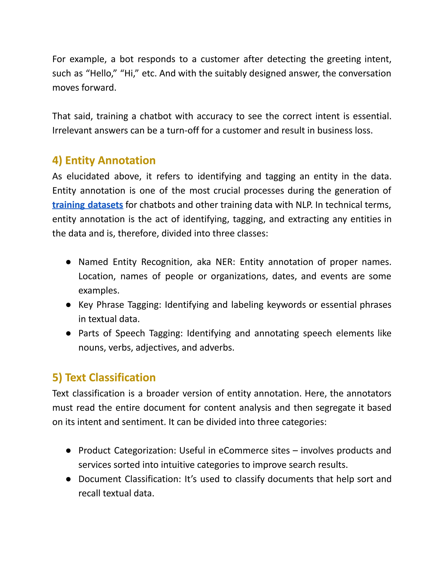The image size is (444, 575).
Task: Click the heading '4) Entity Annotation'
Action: click(104, 160)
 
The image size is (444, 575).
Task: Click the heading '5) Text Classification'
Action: click(104, 377)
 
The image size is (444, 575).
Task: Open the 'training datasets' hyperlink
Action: click(88, 205)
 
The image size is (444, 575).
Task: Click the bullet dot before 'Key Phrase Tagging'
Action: click(68, 305)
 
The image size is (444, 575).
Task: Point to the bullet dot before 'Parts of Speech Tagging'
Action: click(68, 333)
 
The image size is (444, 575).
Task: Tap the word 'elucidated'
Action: click(88, 176)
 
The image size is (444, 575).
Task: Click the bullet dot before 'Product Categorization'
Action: click(68, 451)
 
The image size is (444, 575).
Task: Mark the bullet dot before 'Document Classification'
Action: click(68, 479)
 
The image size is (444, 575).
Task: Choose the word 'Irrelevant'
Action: click(72, 131)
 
